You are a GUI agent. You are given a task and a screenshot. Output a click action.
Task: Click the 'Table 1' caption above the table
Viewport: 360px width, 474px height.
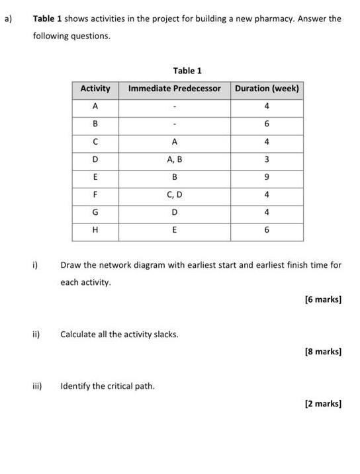pos(187,71)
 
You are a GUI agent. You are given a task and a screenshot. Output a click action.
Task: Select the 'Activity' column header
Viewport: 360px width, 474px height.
pos(95,89)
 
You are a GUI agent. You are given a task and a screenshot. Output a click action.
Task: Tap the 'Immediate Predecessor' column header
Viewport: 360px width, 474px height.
pos(174,89)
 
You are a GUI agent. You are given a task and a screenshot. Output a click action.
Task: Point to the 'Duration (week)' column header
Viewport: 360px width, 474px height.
pos(267,89)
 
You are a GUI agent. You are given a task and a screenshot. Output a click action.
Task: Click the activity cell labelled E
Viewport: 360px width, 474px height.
pos(95,177)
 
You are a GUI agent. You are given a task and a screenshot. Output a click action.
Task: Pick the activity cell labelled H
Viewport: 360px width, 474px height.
pos(95,231)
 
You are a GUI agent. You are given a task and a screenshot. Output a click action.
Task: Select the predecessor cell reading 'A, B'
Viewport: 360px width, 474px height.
pos(174,159)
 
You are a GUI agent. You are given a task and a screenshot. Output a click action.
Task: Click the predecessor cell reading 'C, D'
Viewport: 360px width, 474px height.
pos(174,195)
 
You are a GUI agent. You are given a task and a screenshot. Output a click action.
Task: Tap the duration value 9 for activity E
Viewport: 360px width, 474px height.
pos(267,177)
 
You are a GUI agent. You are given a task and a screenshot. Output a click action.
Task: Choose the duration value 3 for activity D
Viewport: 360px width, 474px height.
pos(267,159)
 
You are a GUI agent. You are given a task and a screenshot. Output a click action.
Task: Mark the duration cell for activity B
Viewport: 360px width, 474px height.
pos(267,124)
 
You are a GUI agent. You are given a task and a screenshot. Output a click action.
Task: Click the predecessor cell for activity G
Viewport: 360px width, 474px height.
pos(174,213)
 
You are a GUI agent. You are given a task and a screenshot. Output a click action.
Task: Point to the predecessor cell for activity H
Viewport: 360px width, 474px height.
pos(174,231)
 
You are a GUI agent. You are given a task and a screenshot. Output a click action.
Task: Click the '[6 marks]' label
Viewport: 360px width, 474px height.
pos(323,299)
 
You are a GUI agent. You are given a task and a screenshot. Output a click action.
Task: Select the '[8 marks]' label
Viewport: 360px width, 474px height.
pos(323,352)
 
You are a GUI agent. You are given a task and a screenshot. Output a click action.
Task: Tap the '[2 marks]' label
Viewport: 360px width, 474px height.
pos(323,403)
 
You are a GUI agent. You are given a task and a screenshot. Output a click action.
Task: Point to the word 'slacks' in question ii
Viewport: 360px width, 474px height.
pos(165,335)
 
